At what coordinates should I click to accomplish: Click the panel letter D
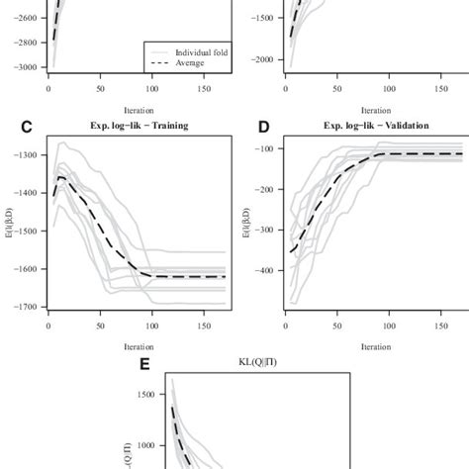[x=263, y=127]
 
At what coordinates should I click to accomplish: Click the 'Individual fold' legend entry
[x=203, y=52]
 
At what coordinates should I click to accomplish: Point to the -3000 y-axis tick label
[x=22, y=67]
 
